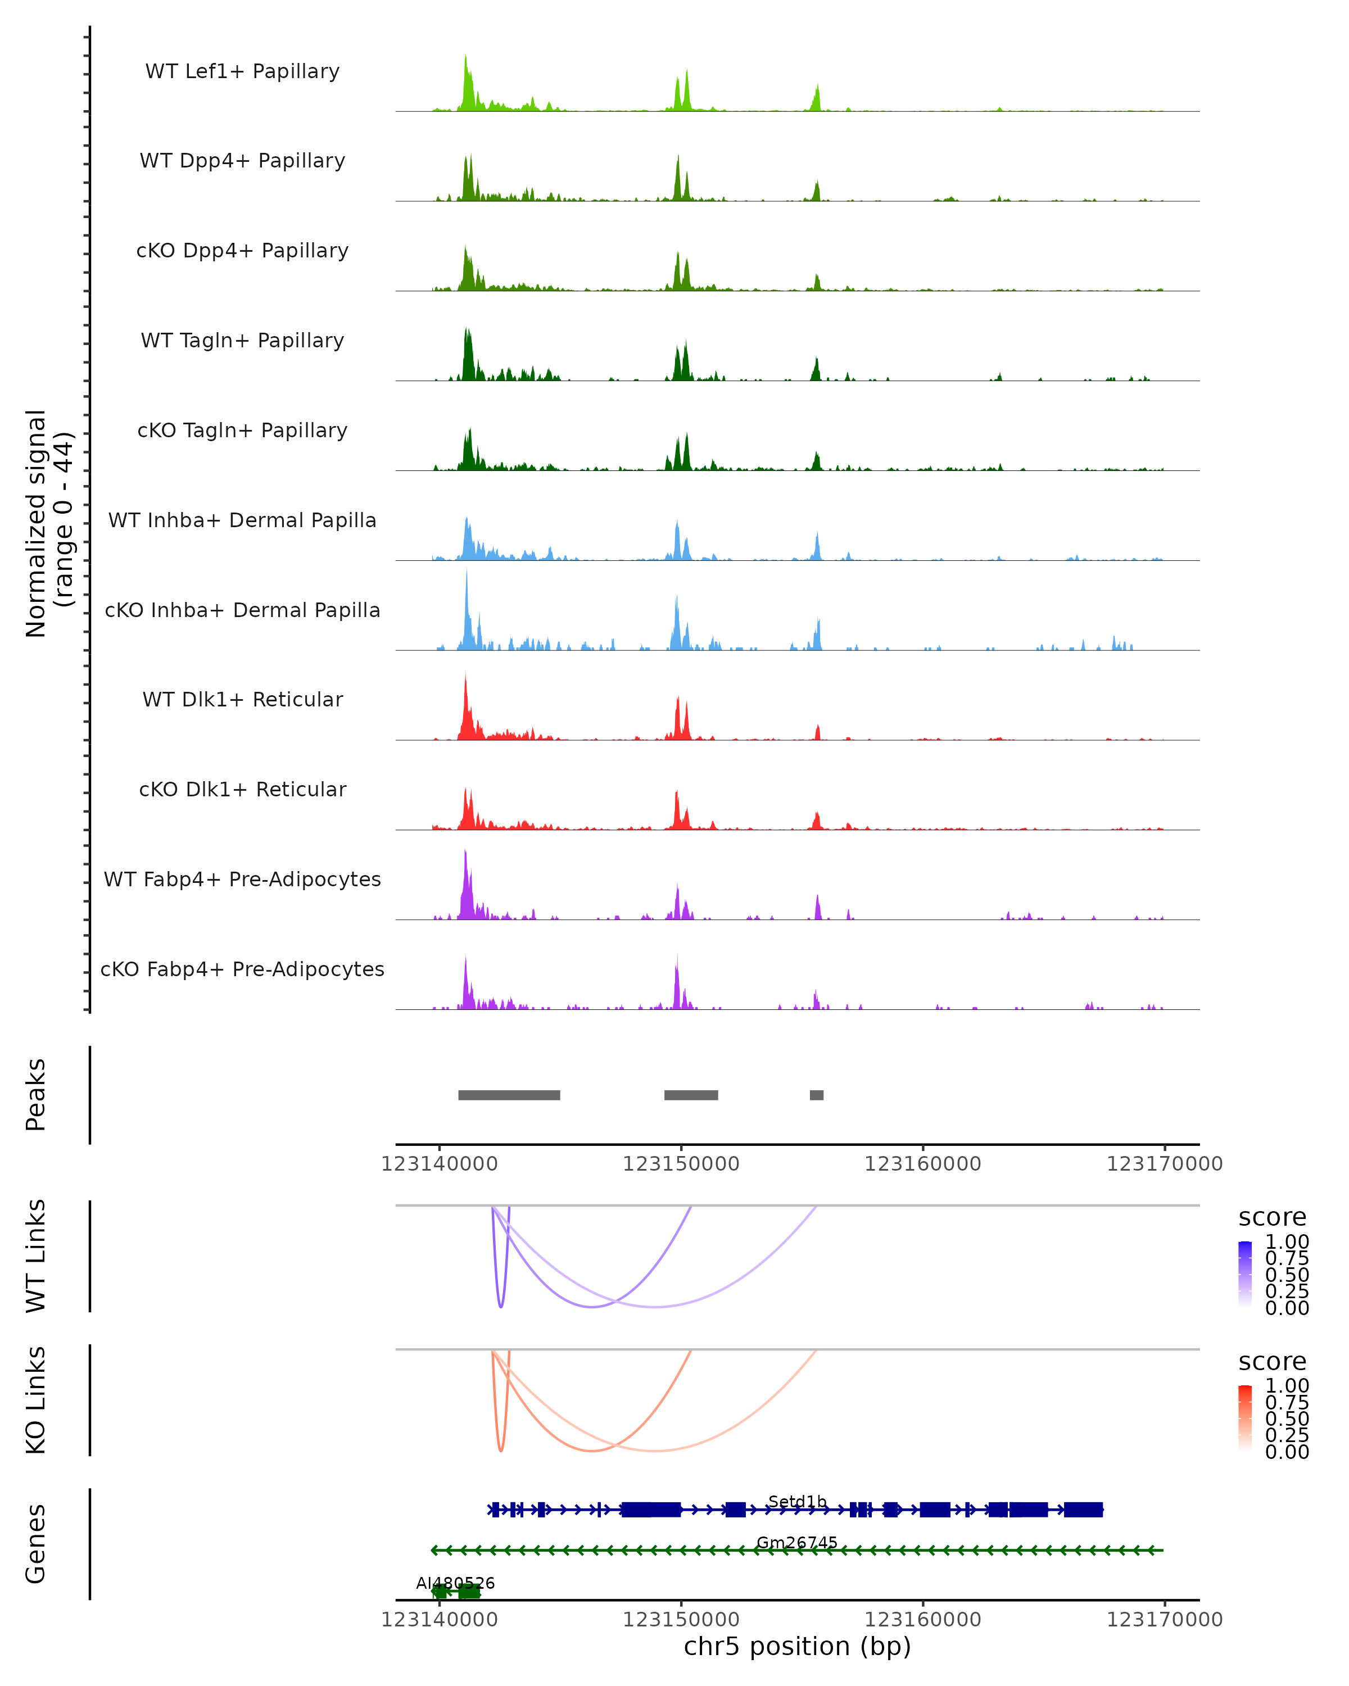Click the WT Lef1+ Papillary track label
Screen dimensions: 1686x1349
242,71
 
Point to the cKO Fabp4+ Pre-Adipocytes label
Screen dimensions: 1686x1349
242,969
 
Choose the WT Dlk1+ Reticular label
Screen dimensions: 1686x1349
242,699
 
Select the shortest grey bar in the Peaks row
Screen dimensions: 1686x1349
817,1095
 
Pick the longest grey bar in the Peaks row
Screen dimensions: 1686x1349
509,1095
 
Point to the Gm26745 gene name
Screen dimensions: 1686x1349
797,1542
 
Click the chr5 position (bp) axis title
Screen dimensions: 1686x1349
797,1646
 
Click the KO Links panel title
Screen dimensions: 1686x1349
36,1400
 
